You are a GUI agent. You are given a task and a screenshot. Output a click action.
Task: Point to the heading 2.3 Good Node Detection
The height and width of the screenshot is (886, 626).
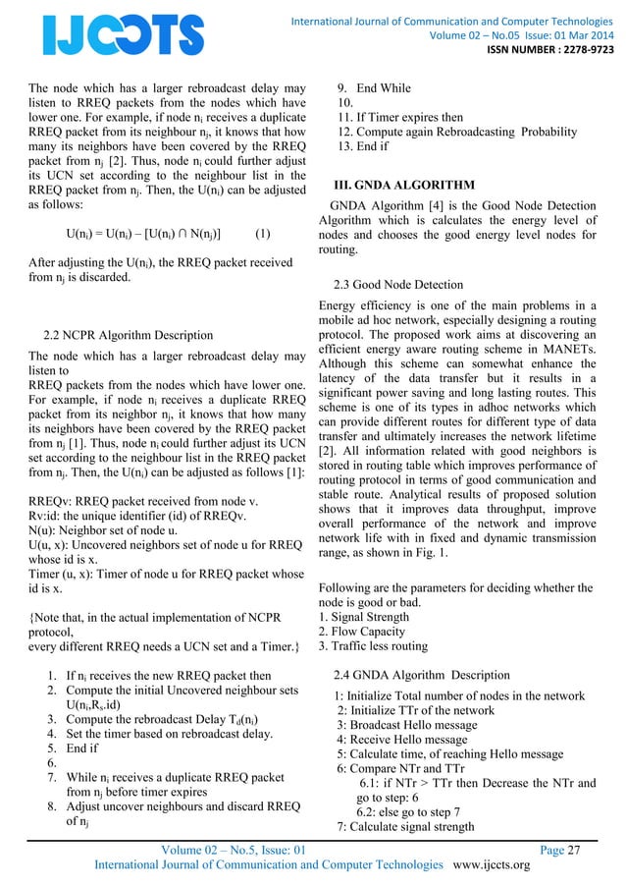click(x=398, y=285)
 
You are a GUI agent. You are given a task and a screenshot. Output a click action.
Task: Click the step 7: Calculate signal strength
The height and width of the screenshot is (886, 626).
click(x=405, y=826)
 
